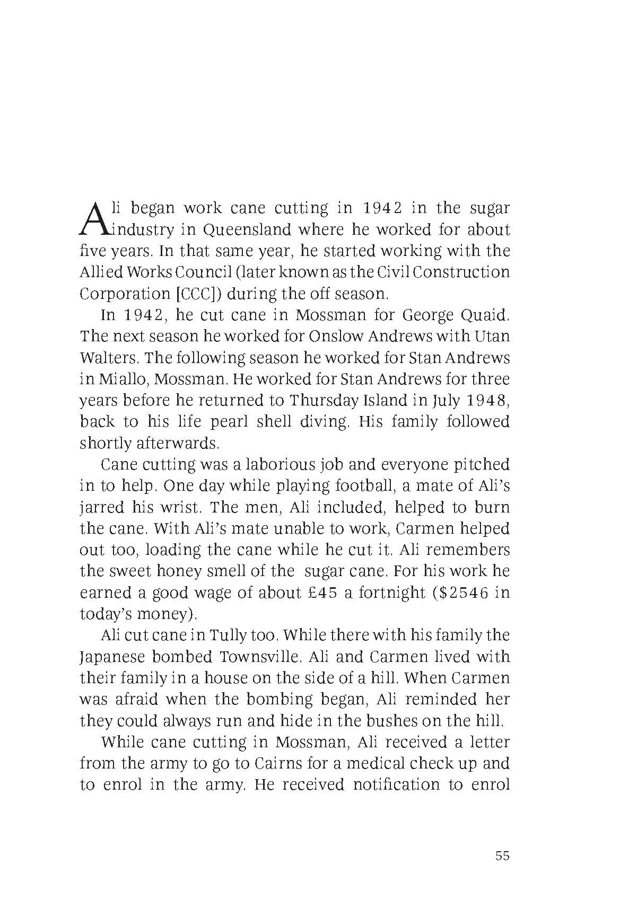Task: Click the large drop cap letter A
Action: coord(93,218)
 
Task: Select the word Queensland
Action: coord(247,230)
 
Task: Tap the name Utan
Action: coord(491,337)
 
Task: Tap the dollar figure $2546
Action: coord(460,593)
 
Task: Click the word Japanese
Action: coord(112,657)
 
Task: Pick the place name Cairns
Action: coord(279,764)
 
